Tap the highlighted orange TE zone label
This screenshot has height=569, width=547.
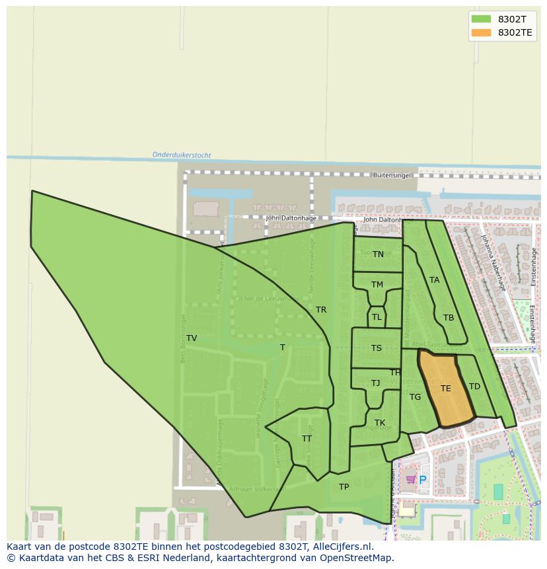(x=446, y=389)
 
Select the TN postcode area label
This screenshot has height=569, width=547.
(x=378, y=254)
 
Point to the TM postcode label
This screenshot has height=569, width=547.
(x=377, y=285)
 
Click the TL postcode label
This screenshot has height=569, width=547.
(x=377, y=317)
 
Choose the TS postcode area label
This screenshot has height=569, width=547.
(x=376, y=348)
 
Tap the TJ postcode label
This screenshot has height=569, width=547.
(x=375, y=383)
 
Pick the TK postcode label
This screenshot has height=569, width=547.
(x=380, y=423)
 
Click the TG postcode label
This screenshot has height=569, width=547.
(x=415, y=397)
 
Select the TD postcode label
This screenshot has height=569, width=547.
(x=474, y=387)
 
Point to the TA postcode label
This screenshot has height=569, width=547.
(x=434, y=280)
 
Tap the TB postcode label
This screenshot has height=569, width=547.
(x=449, y=318)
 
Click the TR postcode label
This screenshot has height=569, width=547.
(x=321, y=310)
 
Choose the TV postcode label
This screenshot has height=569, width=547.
(x=192, y=338)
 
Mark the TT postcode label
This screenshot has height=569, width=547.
(x=307, y=439)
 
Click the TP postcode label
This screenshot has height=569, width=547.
(x=344, y=487)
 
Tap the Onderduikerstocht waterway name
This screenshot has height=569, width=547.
(x=182, y=155)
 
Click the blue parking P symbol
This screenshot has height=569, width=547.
(x=423, y=480)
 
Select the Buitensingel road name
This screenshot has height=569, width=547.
(x=392, y=176)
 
